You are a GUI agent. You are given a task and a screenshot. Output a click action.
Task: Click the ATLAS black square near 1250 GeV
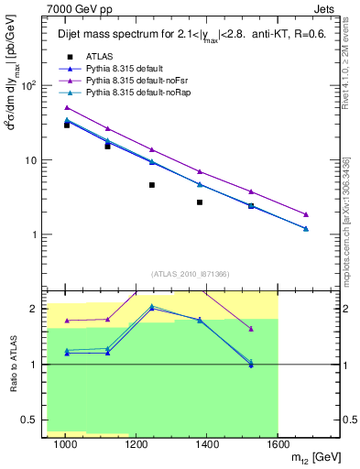pyautogui.click(x=151, y=185)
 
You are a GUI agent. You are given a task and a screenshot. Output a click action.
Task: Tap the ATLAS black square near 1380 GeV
pyautogui.click(x=199, y=202)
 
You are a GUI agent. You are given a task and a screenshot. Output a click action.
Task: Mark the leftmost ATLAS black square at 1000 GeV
pyautogui.click(x=67, y=125)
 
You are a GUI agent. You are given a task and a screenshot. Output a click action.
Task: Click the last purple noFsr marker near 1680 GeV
pyautogui.click(x=306, y=214)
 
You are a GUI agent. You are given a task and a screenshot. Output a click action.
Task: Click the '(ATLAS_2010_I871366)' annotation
pyautogui.click(x=190, y=274)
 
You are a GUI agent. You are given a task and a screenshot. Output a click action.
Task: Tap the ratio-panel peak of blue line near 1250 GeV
pyautogui.click(x=151, y=308)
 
